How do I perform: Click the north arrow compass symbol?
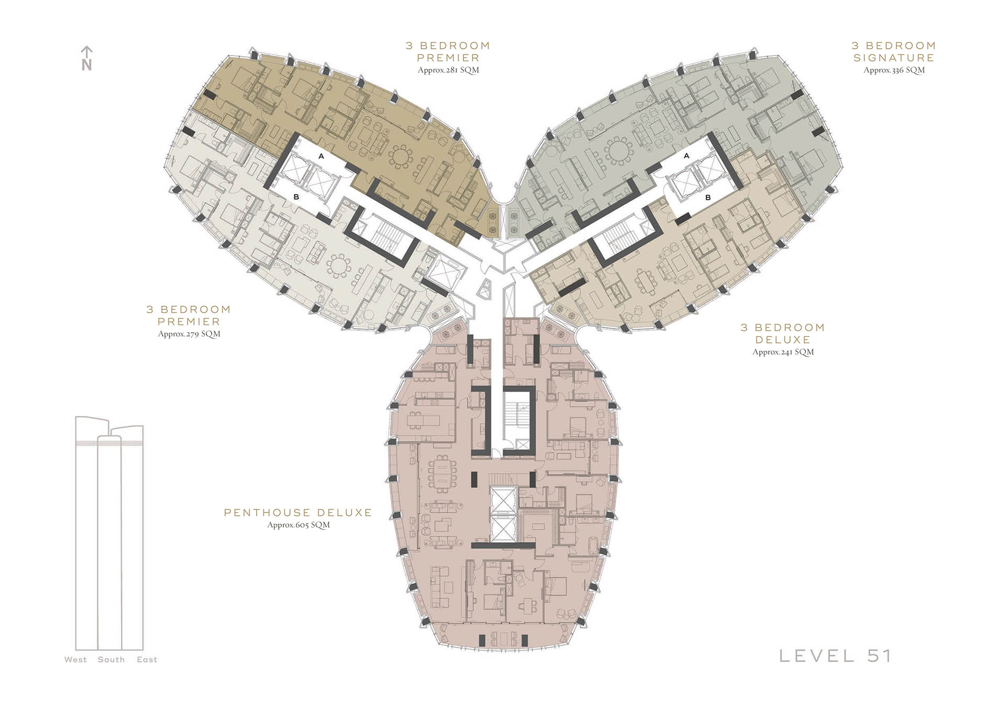pos(87,58)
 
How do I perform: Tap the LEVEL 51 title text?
pos(835,656)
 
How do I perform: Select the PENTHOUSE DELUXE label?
pos(298,512)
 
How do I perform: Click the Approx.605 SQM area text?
pos(299,525)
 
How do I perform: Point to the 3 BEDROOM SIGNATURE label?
pos(894,51)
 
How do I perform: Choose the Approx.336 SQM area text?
pos(894,70)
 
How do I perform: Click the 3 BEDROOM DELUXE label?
pos(783,333)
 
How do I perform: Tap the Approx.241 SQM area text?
pos(783,352)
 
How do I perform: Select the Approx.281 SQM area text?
pos(449,70)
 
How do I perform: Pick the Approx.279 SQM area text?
pos(189,333)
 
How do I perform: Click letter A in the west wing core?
pos(321,156)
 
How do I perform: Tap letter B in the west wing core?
pos(297,197)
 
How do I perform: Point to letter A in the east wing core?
pos(686,156)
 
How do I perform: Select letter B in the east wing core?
pos(708,198)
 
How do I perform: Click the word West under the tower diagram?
pos(75,660)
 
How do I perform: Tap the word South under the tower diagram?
pos(111,660)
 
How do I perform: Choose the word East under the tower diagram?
pos(147,660)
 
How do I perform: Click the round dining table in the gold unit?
pos(401,157)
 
